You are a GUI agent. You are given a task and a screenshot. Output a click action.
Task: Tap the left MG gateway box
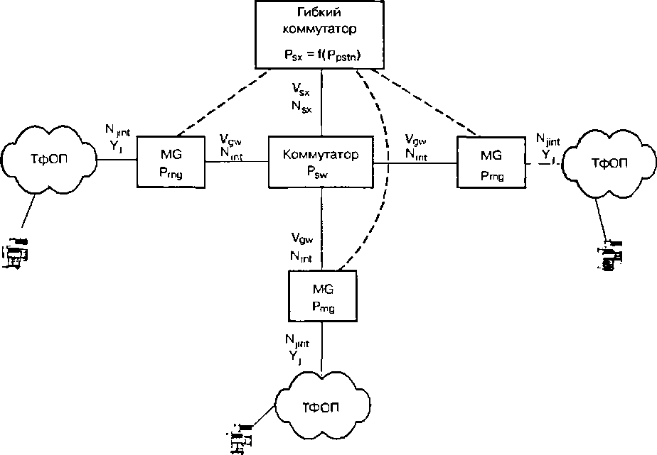(x=171, y=163)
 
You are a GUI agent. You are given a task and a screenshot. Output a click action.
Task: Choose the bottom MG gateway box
(x=324, y=297)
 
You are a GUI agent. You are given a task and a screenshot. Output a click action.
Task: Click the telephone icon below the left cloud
(x=17, y=255)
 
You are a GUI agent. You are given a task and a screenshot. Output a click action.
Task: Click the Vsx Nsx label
(x=301, y=97)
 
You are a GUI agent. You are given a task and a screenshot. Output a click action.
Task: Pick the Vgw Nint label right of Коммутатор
(x=416, y=146)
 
